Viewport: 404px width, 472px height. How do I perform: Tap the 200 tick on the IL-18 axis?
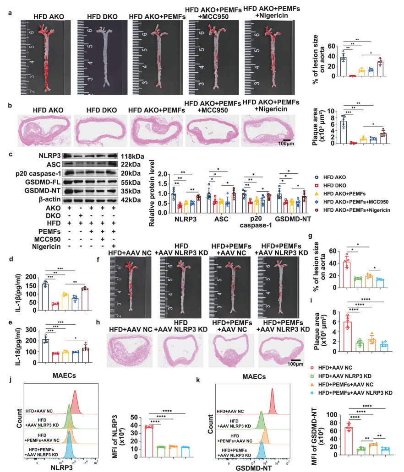[31, 341]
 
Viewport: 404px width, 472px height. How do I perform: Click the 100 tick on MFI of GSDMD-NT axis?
[335, 415]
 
